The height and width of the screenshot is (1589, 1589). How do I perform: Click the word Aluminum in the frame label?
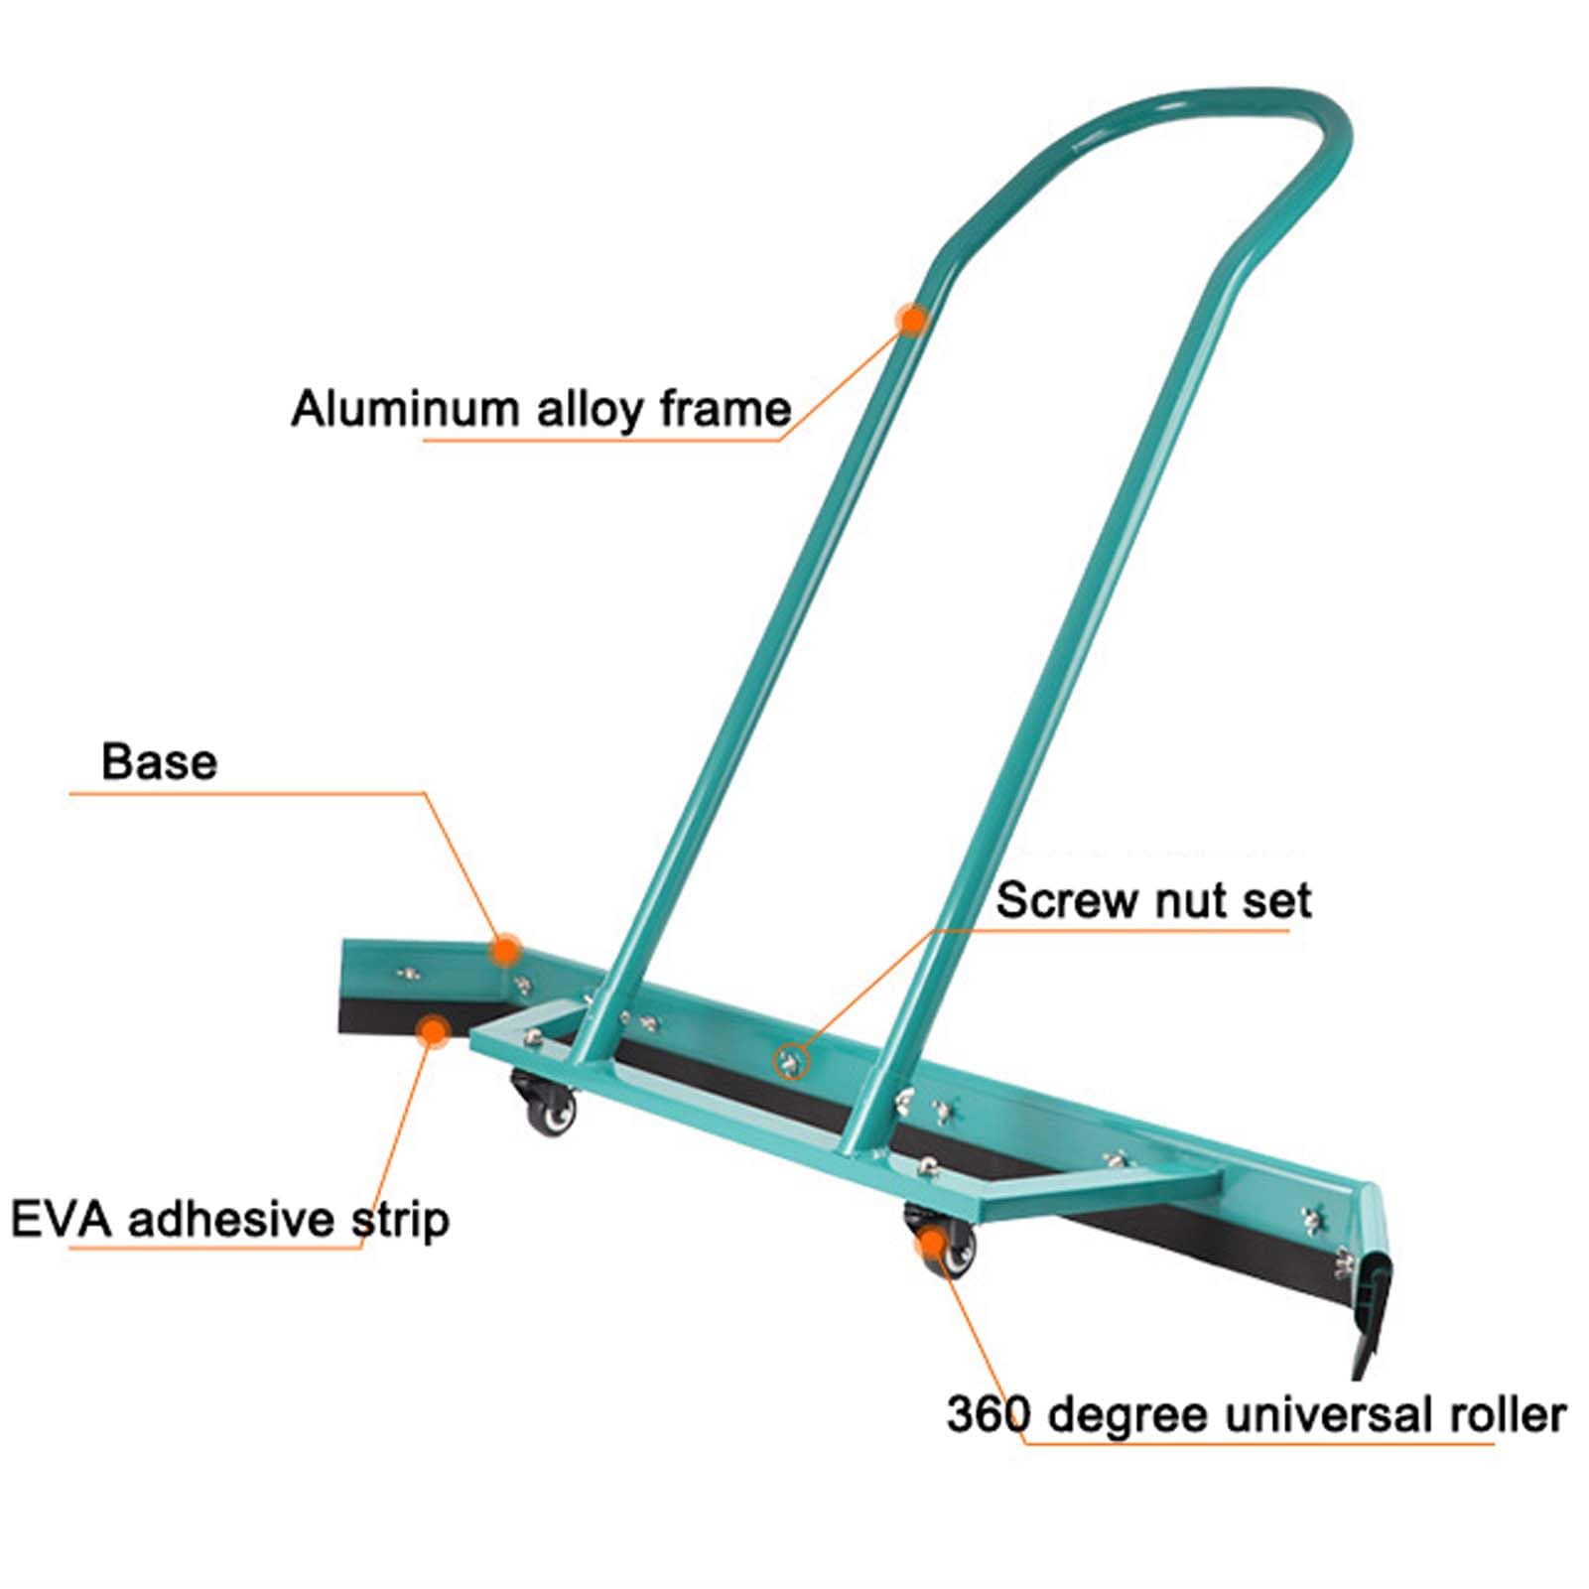point(405,409)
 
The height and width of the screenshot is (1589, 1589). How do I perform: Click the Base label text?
point(159,762)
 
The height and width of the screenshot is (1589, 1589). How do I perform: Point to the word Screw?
point(1067,900)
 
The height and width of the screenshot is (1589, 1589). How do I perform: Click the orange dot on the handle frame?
point(911,320)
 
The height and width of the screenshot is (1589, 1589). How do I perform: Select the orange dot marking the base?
point(505,950)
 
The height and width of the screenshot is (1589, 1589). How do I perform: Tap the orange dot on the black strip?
point(433,1031)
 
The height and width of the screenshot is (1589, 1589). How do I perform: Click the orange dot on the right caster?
point(931,1242)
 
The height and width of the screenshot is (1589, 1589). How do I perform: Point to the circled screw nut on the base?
point(791,1062)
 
